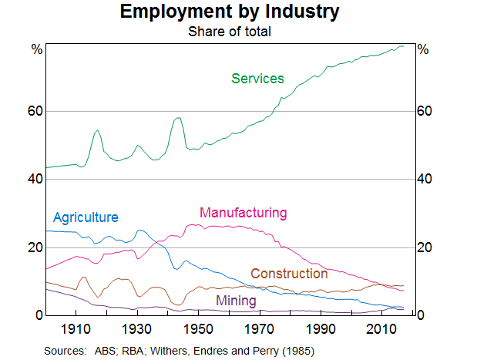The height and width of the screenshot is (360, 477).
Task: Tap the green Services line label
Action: [x=257, y=79]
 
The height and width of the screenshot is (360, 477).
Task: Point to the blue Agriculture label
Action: [x=86, y=217]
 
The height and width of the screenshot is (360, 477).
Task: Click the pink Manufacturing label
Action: [x=243, y=213]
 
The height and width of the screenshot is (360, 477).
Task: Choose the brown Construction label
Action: [x=289, y=274]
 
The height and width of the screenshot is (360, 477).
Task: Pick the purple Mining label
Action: [x=236, y=300]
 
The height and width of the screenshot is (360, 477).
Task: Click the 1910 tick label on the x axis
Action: [x=77, y=330]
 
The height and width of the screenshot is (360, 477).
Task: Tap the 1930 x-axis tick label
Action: [x=138, y=330]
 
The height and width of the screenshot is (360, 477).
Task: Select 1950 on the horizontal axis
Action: [x=199, y=330]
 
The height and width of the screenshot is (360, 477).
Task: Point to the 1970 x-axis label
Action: [x=260, y=330]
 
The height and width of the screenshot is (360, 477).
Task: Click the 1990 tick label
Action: [x=321, y=330]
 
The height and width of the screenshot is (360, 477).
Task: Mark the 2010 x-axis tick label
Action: [x=381, y=330]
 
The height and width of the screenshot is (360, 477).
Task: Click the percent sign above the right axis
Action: [x=422, y=49]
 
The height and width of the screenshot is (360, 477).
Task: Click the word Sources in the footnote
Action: [x=64, y=351]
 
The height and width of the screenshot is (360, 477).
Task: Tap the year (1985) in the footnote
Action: [x=298, y=351]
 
